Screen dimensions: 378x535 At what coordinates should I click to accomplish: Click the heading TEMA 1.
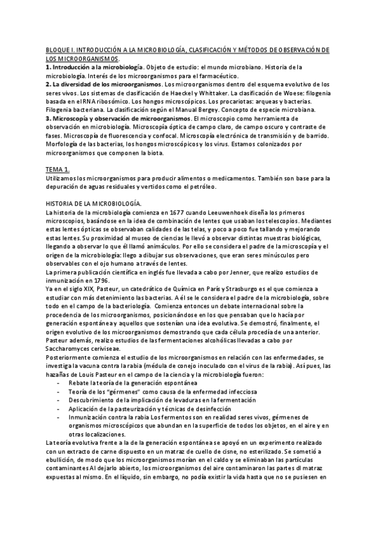(x=59, y=170)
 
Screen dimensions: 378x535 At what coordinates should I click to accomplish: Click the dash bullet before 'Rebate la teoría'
(x=59, y=383)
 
